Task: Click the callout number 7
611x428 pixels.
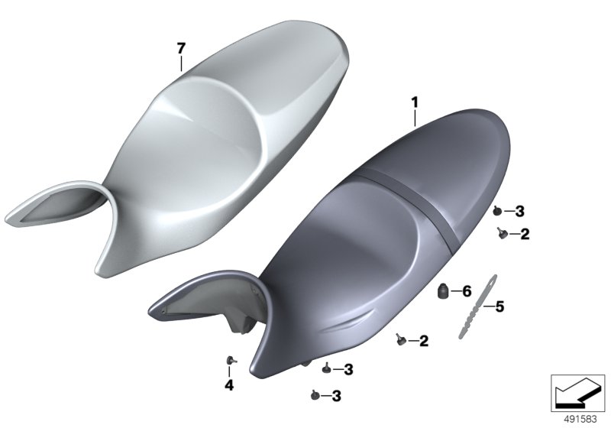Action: tap(181, 49)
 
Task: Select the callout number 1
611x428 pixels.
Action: tap(415, 103)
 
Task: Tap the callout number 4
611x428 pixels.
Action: tap(229, 385)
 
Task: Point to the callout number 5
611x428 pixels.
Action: tap(499, 306)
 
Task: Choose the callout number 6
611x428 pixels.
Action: tap(467, 291)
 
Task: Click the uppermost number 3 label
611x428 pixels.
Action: tap(519, 211)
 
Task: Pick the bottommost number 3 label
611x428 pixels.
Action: tap(336, 396)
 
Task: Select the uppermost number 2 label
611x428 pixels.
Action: tap(525, 234)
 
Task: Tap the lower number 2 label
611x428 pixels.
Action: tap(424, 341)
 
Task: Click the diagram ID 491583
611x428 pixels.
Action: tap(580, 420)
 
